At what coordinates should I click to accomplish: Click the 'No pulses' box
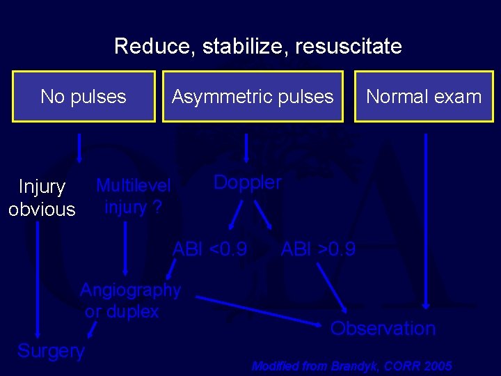[83, 97]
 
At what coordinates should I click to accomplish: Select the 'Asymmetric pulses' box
[253, 97]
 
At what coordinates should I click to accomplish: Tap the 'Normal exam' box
[424, 97]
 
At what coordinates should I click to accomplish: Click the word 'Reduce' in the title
[154, 47]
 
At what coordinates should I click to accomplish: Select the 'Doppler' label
[247, 182]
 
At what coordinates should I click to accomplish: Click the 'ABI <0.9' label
[209, 249]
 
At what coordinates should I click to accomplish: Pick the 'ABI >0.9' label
[318, 249]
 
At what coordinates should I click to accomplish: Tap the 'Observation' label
[383, 329]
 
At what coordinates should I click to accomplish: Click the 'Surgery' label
[51, 351]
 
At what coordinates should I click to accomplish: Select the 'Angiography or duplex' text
[130, 301]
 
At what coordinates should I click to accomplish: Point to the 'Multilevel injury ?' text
[133, 196]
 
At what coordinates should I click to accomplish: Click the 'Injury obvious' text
[42, 198]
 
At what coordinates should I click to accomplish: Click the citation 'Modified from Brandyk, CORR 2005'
[351, 366]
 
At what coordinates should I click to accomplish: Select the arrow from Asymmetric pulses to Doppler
[246, 148]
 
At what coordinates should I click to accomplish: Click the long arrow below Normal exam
[426, 223]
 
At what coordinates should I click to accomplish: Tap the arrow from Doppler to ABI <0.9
[237, 214]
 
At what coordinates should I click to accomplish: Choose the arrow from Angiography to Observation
[257, 310]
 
